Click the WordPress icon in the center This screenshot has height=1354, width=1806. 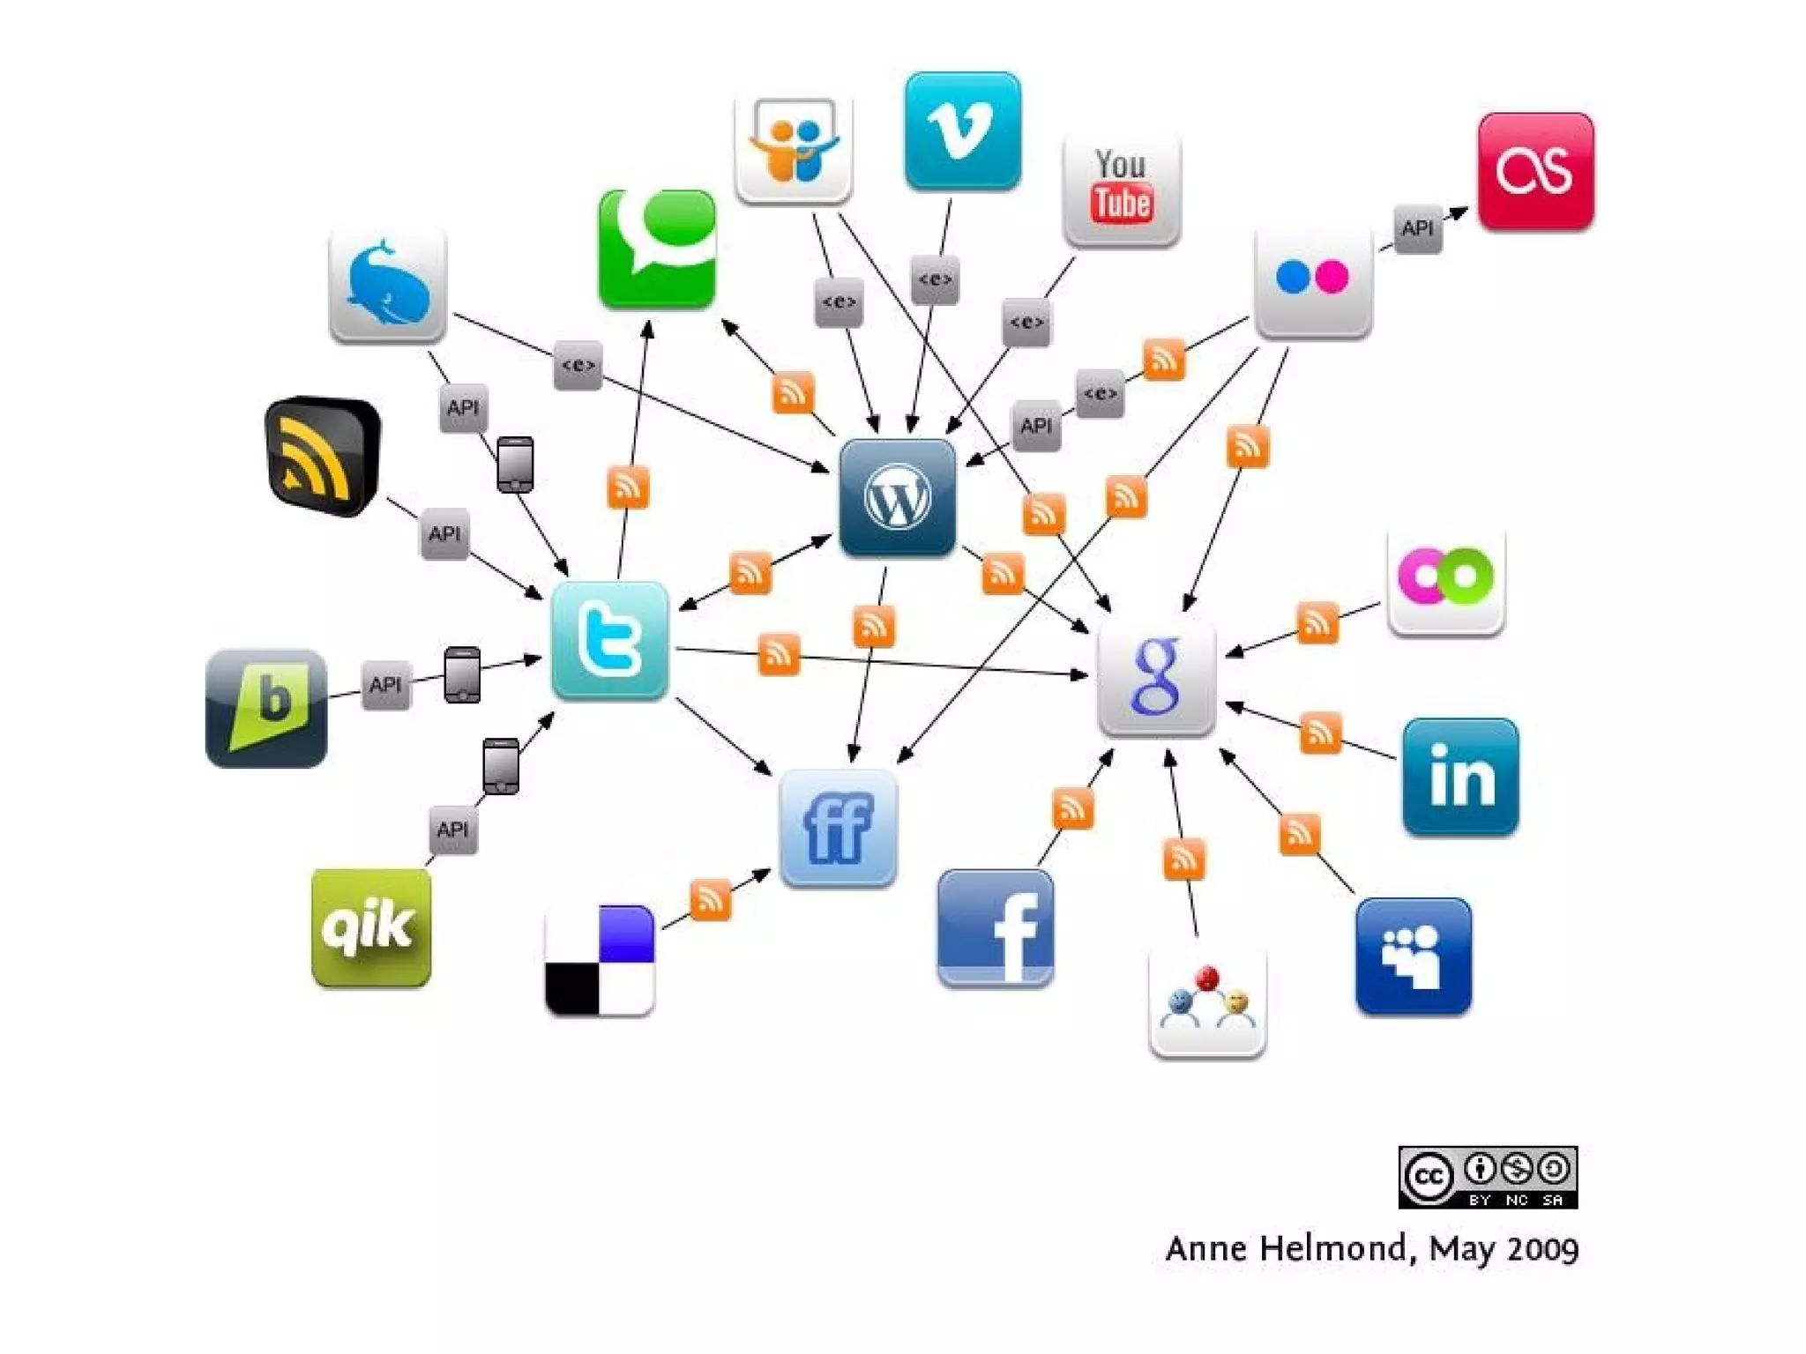(898, 498)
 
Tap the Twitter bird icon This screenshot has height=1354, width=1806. (609, 641)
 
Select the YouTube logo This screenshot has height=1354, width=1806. (1122, 190)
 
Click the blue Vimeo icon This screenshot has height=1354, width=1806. (963, 130)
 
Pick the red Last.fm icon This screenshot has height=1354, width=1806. (1535, 172)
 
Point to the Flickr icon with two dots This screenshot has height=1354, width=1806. (1313, 279)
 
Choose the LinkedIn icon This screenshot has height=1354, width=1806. (1460, 777)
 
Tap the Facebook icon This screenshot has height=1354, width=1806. (996, 928)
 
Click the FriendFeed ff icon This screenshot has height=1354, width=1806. (838, 828)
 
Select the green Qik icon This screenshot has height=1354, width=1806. (371, 927)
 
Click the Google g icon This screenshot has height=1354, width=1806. (1156, 677)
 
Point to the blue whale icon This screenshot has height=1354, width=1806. (387, 286)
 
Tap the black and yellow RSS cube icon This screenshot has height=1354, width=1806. (323, 456)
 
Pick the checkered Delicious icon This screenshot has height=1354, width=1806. (600, 960)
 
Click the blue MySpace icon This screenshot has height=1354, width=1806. (1413, 956)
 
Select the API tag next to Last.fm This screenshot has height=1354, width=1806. (1417, 229)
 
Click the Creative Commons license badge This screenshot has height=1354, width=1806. (1488, 1177)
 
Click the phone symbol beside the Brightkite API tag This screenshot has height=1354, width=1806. (462, 675)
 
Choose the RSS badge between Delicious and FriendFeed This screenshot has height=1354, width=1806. (710, 899)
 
